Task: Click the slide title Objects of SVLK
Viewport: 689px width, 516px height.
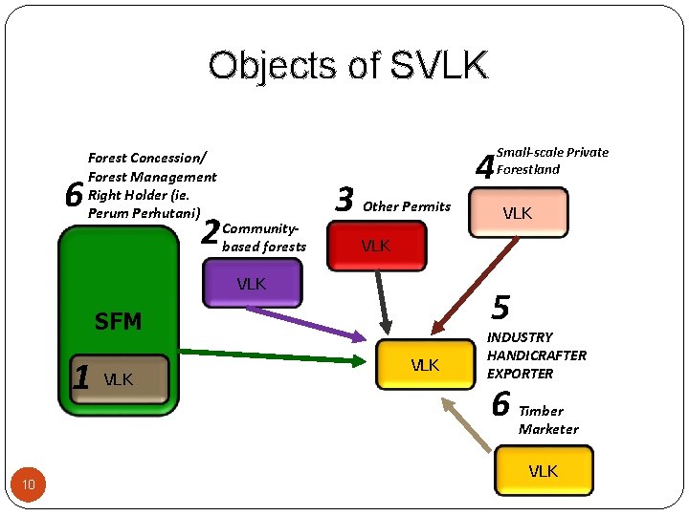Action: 348,66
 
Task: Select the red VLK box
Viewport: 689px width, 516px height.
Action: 376,247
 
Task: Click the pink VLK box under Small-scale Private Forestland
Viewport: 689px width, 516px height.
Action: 518,213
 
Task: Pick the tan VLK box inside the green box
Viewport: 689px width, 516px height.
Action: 120,379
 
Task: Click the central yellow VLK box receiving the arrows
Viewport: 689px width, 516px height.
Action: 424,365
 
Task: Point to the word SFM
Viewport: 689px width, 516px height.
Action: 118,322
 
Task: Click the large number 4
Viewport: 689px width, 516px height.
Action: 485,168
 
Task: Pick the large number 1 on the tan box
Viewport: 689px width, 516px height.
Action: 82,377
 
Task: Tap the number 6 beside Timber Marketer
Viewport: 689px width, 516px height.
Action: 500,404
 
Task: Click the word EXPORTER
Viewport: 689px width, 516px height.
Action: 521,374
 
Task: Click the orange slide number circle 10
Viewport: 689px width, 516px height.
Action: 29,486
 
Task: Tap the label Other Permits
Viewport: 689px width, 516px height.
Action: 407,206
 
